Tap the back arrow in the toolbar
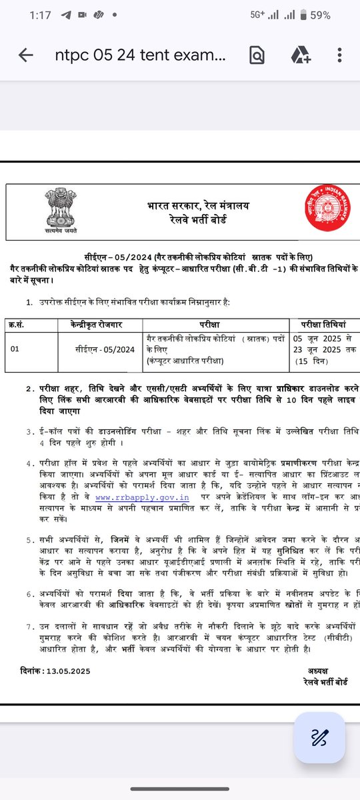(x=26, y=56)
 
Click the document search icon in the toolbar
(x=257, y=56)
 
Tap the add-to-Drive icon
(x=298, y=56)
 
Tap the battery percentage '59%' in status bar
(x=318, y=15)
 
